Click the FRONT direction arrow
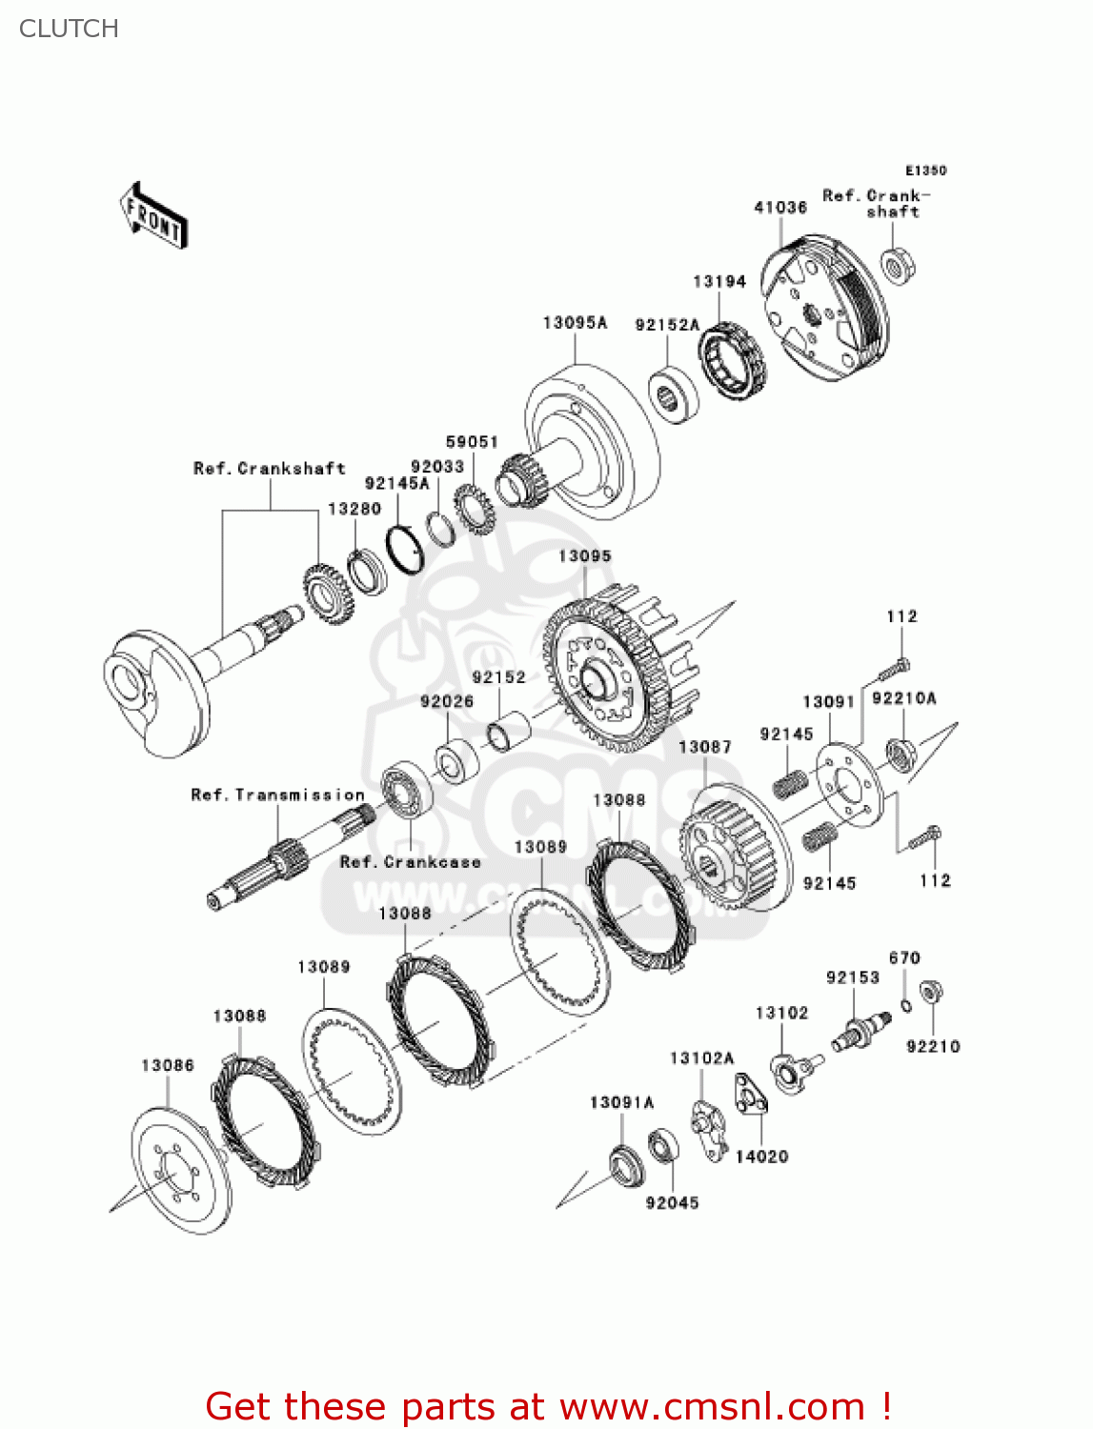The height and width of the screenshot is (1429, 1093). [x=152, y=216]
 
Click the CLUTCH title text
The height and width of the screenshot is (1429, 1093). [x=69, y=29]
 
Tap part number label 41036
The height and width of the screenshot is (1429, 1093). [x=780, y=207]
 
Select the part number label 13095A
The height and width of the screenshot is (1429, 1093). [x=575, y=323]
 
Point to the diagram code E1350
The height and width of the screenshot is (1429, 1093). [x=925, y=171]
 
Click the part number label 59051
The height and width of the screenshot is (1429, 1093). [x=472, y=441]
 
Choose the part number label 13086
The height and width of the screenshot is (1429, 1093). [x=168, y=1065]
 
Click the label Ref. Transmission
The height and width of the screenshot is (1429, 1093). [x=277, y=795]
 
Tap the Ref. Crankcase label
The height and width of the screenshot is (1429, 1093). [x=411, y=862]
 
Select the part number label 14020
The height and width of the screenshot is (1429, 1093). [x=761, y=1157]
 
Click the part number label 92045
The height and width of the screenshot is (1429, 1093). [x=672, y=1203]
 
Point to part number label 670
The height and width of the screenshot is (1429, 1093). [x=904, y=958]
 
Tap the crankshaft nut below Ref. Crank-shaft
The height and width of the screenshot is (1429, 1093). [x=898, y=266]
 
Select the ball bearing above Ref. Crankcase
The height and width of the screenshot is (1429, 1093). [x=406, y=790]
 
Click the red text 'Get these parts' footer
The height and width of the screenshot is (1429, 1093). [x=548, y=1406]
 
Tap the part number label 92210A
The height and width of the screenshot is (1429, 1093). [x=903, y=698]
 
